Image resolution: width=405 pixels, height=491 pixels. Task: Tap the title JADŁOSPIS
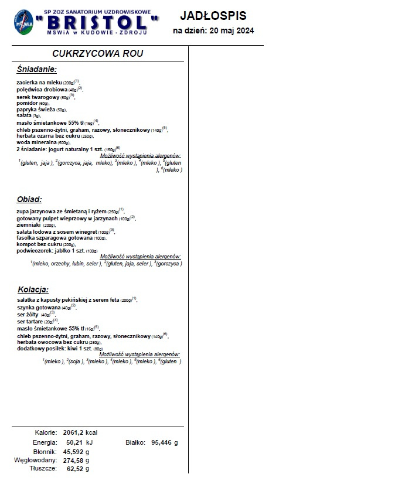(x=213, y=16)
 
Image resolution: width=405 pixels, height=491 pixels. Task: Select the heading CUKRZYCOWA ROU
(x=98, y=53)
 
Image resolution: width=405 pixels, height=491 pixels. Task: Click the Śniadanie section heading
(x=37, y=70)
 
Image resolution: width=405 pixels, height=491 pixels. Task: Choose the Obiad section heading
(x=29, y=199)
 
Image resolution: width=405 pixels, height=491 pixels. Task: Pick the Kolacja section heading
(x=33, y=289)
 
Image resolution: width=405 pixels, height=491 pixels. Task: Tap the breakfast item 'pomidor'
(x=28, y=103)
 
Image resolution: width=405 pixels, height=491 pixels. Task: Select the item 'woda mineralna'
(x=36, y=142)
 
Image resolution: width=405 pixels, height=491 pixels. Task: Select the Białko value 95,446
(x=161, y=442)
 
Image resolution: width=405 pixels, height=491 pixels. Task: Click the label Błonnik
(x=44, y=452)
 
